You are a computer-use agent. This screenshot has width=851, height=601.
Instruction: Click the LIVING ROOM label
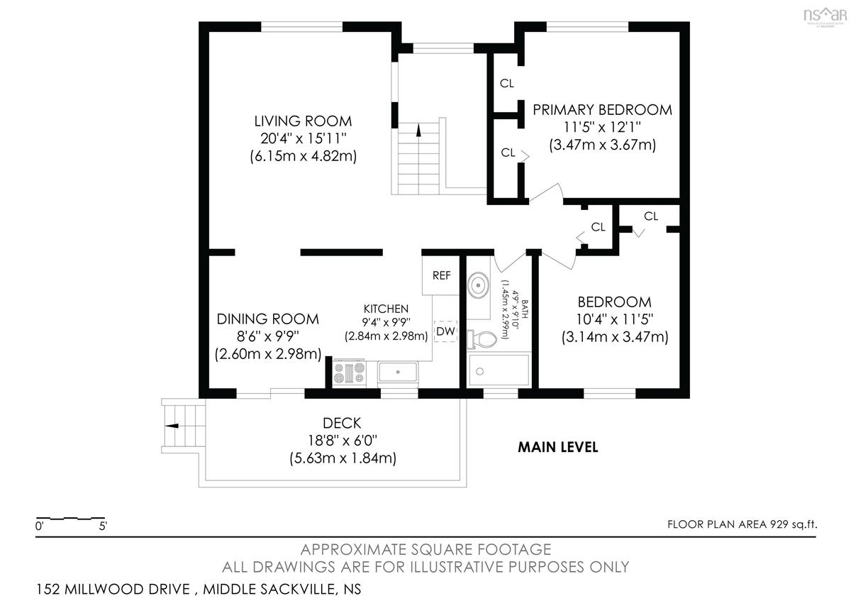coord(303,121)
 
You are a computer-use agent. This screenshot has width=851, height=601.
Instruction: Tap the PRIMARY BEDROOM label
coord(602,110)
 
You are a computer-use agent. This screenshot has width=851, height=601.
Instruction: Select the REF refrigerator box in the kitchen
coord(441,275)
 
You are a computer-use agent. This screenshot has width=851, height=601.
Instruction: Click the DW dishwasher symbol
coord(445,331)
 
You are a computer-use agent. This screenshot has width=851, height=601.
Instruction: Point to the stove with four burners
coord(349,373)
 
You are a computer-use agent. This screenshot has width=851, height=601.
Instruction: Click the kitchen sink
coord(398,372)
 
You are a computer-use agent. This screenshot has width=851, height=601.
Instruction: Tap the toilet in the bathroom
coord(482,339)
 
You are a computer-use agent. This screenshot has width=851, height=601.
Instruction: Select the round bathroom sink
coord(478,285)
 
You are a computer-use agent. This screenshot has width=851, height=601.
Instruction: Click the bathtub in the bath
coord(499,370)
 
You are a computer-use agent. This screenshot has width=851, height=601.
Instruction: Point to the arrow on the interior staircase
coord(418,131)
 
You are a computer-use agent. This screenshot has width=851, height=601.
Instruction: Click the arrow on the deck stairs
coord(172,426)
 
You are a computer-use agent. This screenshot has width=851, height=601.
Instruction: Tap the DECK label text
coord(342,423)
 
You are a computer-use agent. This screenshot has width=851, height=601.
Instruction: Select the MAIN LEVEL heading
coord(557,447)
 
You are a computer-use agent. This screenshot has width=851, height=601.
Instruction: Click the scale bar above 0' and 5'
coord(71,518)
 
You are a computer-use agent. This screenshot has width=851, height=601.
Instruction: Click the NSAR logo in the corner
coord(825,16)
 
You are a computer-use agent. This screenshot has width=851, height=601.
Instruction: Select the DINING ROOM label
coord(268,319)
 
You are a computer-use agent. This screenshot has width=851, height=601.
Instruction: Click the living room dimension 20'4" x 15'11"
coord(304,138)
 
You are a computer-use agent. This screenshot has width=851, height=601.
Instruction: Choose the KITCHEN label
coord(386,309)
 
